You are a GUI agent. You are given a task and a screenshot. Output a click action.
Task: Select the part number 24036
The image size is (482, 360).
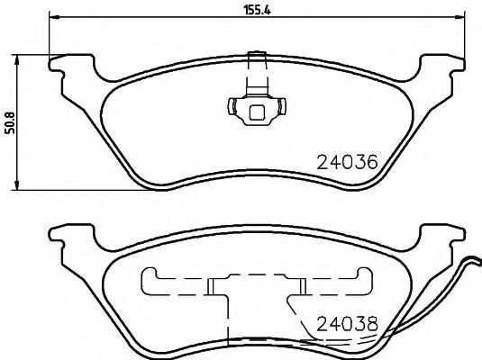347,163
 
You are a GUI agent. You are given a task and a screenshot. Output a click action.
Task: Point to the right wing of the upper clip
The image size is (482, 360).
282,108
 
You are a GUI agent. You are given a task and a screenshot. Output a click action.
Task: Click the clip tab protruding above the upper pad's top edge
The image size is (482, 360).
255,65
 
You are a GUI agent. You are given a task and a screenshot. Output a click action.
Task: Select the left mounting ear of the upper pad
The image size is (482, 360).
68,67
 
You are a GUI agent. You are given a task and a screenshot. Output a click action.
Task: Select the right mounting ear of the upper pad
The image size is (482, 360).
441,67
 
